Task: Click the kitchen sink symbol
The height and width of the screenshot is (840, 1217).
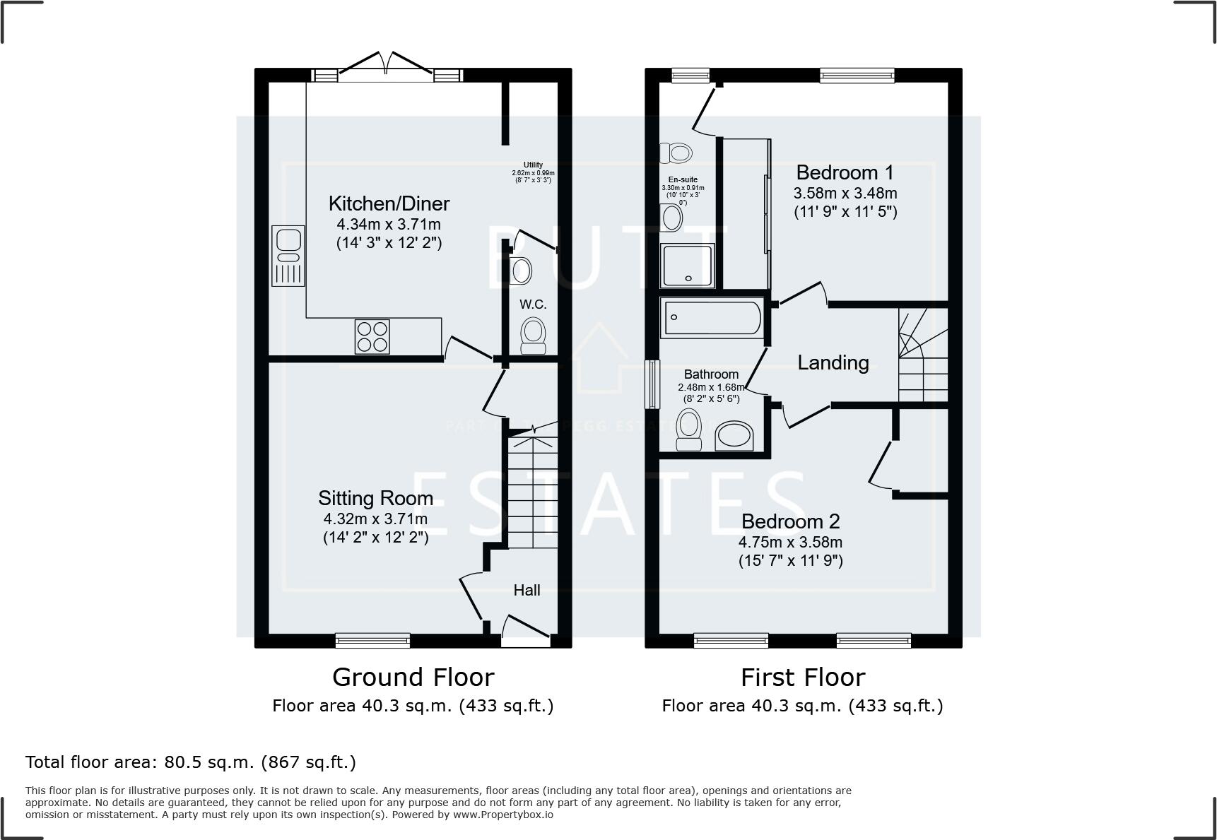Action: point(288,256)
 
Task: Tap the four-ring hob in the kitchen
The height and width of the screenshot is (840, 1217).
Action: point(372,337)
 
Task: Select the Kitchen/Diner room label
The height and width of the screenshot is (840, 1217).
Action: point(389,204)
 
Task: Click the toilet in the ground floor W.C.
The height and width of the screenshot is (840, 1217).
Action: point(534,336)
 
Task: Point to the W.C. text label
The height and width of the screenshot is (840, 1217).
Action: point(533,304)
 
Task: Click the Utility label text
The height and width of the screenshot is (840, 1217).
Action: point(533,165)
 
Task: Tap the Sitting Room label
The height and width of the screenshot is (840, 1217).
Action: point(375,498)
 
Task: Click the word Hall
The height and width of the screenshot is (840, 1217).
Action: point(527,590)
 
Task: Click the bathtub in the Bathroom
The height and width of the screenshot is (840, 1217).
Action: point(711,317)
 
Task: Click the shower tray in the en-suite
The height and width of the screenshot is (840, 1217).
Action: point(688,266)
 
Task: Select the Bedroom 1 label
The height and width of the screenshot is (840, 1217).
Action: point(845,172)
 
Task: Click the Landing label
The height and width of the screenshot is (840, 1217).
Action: point(833,362)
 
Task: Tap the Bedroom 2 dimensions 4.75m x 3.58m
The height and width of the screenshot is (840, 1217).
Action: point(790,543)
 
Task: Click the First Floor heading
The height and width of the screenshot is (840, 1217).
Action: point(802,678)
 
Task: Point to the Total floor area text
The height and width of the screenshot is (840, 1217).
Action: point(191,762)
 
